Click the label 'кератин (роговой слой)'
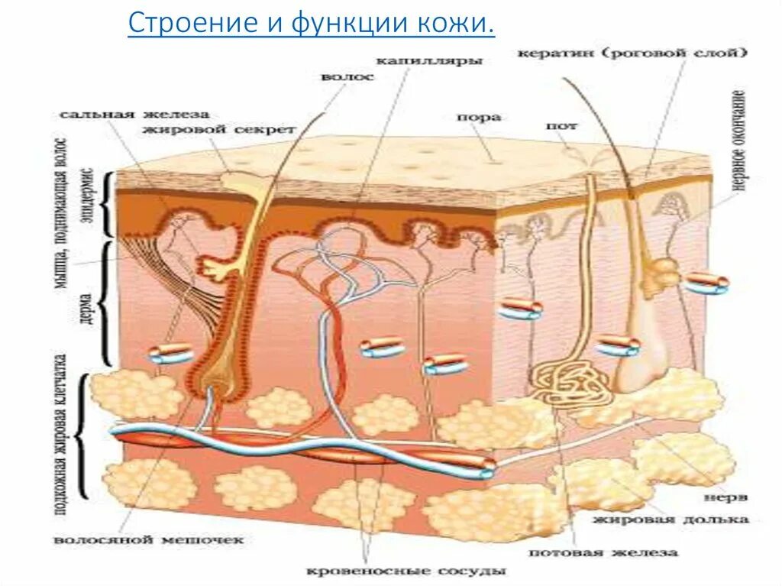(x=631, y=53)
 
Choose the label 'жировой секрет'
(x=218, y=130)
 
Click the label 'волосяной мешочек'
(x=149, y=540)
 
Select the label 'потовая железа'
(x=603, y=552)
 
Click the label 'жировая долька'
(x=669, y=520)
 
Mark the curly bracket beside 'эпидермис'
(x=108, y=205)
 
